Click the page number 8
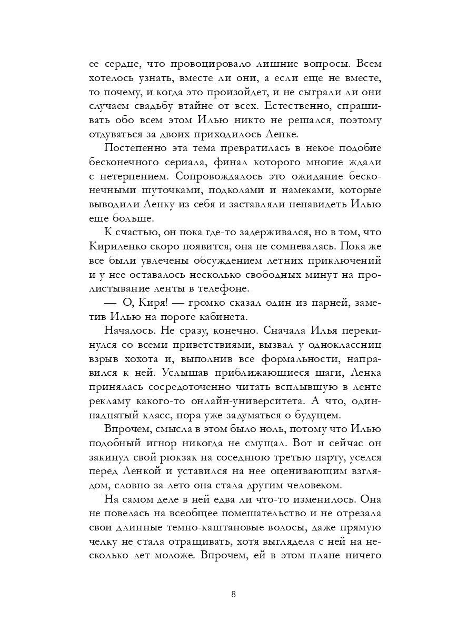point(233,595)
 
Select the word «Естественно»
point(297,106)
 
